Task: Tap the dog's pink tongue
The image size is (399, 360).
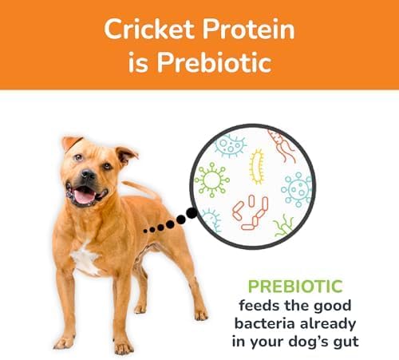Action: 84,195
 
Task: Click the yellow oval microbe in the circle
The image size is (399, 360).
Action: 257,166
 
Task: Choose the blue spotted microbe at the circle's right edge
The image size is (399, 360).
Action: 298,190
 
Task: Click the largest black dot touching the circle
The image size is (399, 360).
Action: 191,214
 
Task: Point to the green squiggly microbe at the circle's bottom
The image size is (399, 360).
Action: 283,226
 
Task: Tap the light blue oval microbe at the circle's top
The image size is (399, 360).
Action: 231,144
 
